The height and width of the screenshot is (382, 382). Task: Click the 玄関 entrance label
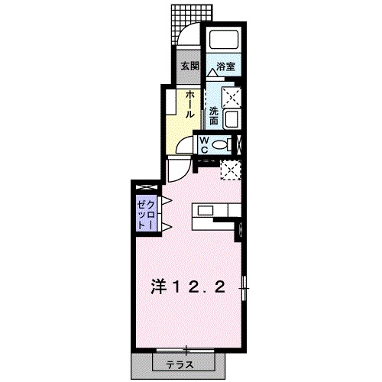[189, 66]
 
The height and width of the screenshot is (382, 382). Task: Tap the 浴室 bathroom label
[225, 66]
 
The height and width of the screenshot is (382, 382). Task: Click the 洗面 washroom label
[214, 115]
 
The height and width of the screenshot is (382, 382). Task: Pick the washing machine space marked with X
[231, 97]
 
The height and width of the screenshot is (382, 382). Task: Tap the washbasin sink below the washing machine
[232, 118]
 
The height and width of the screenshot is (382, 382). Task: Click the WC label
[206, 144]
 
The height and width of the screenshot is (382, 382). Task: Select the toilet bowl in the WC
[222, 144]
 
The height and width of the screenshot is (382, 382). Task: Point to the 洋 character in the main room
[158, 288]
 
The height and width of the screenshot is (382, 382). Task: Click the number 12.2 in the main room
[201, 288]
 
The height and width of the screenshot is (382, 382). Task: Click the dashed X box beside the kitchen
[231, 170]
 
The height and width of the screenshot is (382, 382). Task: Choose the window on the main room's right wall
[244, 288]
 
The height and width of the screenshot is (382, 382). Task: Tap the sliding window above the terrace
[184, 349]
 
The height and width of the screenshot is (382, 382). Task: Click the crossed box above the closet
[145, 187]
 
